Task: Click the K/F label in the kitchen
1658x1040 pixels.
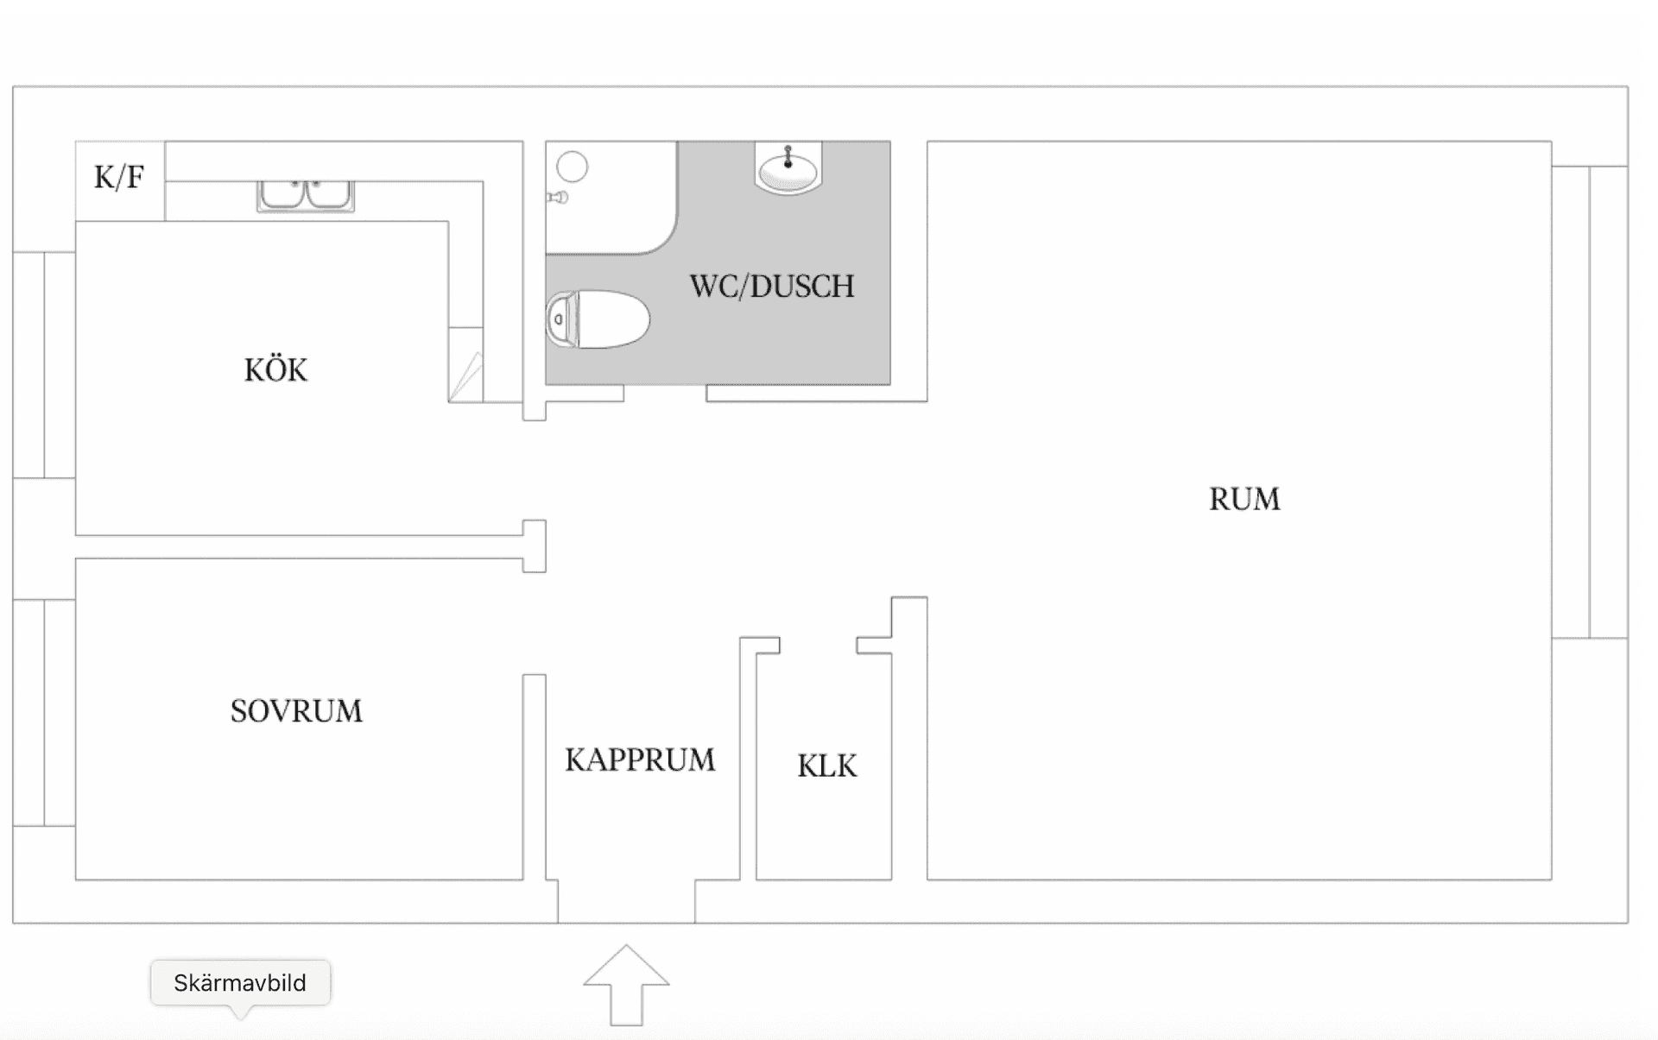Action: pos(119,178)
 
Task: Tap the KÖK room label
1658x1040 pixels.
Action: pos(275,369)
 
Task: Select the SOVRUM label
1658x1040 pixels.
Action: pos(296,711)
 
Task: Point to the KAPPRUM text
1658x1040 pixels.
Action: pos(640,760)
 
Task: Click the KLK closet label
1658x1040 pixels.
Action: pos(827,766)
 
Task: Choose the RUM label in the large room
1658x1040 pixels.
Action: pos(1244,499)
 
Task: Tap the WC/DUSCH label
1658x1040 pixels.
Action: pos(772,287)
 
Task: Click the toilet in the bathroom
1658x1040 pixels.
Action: pos(598,319)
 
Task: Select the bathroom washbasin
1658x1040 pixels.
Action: pos(788,168)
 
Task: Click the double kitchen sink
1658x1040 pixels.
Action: pos(306,196)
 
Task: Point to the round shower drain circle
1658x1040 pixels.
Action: pos(572,167)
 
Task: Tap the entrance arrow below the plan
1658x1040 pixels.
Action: pos(626,985)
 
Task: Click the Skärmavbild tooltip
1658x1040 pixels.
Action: pos(240,983)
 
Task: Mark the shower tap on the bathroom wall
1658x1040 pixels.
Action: pos(558,198)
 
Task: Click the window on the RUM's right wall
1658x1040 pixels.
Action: pos(1590,402)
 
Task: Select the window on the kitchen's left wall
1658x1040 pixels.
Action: pos(44,365)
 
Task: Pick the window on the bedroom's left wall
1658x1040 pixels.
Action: pos(44,713)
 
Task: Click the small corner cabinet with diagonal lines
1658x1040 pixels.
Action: pos(465,365)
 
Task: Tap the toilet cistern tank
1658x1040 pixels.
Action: pos(560,319)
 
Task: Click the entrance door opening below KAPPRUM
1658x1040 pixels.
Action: pos(626,902)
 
